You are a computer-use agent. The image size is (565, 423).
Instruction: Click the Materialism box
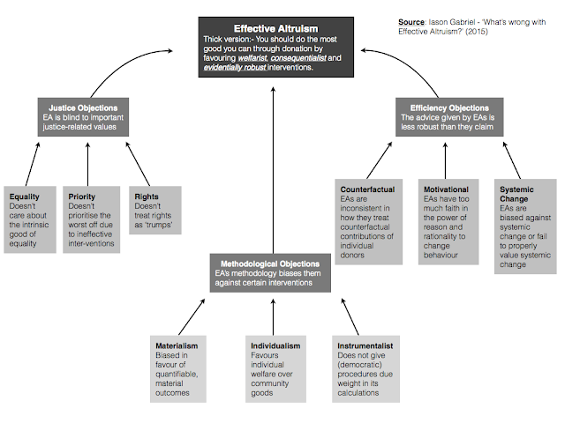point(179,368)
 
